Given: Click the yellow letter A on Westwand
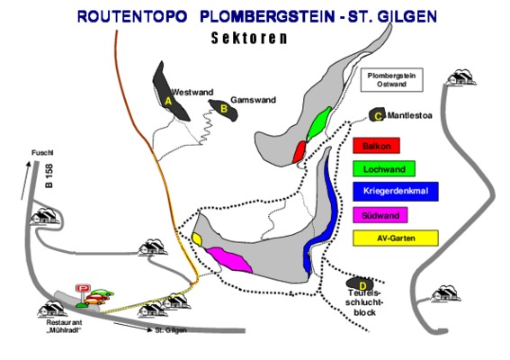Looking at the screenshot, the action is click(x=168, y=101).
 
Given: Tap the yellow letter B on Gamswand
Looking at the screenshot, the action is click(x=224, y=109).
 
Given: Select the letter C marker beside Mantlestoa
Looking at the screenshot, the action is click(x=378, y=116).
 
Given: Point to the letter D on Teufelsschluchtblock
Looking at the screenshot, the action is click(x=362, y=286).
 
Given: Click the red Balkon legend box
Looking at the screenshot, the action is click(x=376, y=146).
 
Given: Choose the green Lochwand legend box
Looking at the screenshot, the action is click(x=384, y=168).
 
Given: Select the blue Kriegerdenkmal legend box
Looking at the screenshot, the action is click(x=396, y=192).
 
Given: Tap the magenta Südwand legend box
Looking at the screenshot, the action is click(x=380, y=215).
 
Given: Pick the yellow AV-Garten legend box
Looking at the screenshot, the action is click(x=396, y=238).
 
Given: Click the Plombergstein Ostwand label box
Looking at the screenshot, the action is click(x=391, y=80).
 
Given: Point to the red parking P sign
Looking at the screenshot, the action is click(x=83, y=288).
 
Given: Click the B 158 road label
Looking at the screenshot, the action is click(x=49, y=175).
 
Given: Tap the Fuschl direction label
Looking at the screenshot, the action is click(x=42, y=153).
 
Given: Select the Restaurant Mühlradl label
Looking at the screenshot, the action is click(x=64, y=326).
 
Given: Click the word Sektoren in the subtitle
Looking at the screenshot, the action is click(x=249, y=38).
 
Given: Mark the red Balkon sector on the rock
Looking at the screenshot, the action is click(x=300, y=152).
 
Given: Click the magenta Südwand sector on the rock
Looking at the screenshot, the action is click(x=229, y=259).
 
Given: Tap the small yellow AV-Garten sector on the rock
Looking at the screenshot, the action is click(x=197, y=238).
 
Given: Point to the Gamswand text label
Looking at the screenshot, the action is click(x=253, y=100).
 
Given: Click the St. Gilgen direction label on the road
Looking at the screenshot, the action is click(x=171, y=330).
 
